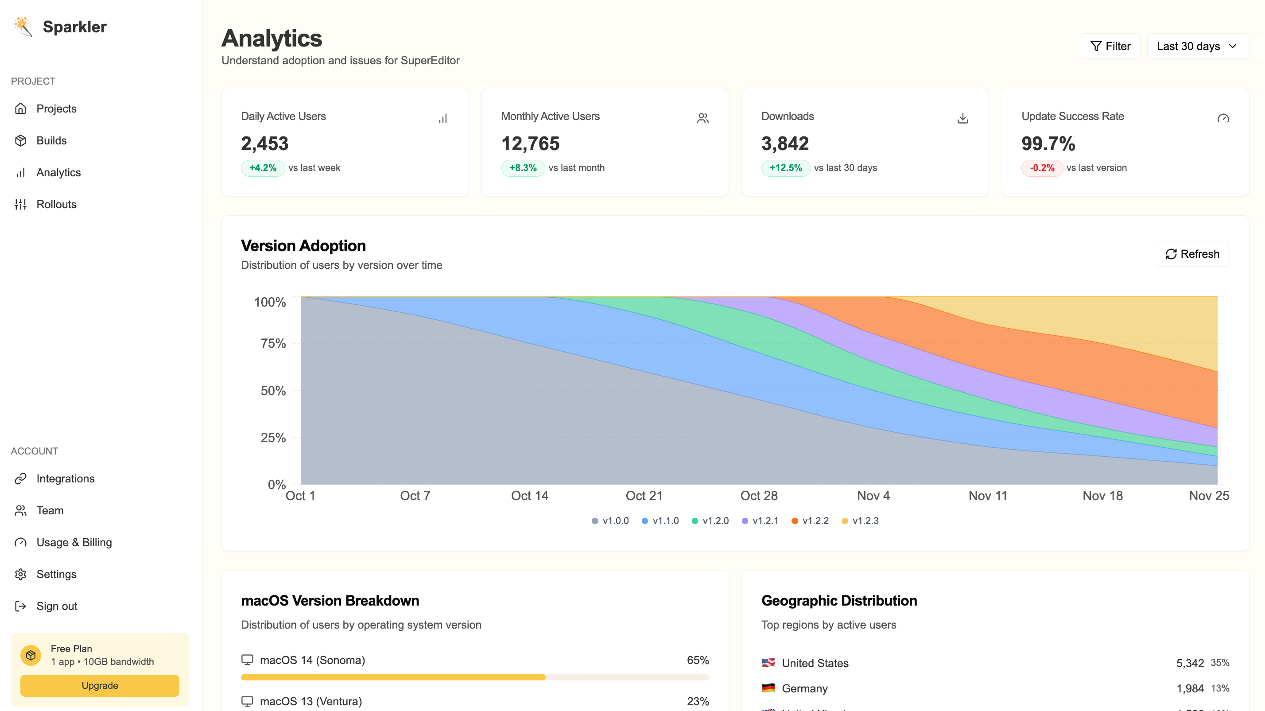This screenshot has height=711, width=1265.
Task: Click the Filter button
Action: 1110,46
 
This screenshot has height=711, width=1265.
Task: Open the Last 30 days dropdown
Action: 1197,46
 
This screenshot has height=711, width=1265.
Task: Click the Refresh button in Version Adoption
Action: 1192,254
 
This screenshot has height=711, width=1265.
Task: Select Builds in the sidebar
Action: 51,140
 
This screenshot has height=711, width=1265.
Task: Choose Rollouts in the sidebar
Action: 56,204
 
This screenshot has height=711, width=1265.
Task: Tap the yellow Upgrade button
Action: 100,685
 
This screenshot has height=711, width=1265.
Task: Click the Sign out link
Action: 57,606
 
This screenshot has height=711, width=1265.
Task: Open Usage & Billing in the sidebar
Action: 74,542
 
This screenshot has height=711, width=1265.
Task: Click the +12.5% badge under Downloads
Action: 785,168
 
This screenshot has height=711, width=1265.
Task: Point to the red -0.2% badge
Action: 1042,168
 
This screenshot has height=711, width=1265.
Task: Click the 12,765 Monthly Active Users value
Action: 530,144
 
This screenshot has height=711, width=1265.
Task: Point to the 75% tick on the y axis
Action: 273,343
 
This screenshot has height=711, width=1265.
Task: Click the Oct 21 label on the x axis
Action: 644,495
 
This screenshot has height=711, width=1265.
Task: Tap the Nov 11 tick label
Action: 988,495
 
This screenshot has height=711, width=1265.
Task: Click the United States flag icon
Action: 768,663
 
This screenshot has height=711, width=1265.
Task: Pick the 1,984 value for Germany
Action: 1189,688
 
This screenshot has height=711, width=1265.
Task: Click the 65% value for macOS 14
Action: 697,660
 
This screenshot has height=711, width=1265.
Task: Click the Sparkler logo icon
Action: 23,27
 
